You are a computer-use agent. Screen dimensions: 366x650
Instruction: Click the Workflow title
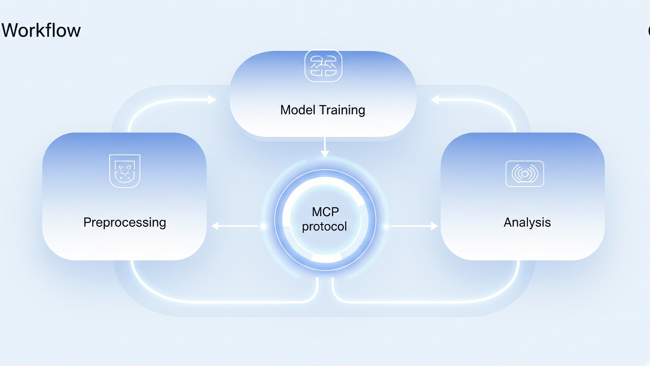41,30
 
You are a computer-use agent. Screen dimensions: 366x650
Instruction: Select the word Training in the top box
342,110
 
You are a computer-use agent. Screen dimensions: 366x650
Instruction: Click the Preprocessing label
125,223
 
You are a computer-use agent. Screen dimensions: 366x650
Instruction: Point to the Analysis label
527,222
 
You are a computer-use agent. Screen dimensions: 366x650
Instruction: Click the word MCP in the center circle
325,212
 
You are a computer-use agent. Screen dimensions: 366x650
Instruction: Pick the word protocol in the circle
324,226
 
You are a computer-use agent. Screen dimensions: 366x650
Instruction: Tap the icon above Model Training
323,66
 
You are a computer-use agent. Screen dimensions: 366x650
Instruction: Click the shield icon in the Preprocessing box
125,171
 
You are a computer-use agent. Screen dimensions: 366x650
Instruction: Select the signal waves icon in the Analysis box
525,174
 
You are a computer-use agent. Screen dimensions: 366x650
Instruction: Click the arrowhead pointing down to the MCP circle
325,154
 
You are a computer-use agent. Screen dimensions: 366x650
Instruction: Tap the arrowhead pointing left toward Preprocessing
215,226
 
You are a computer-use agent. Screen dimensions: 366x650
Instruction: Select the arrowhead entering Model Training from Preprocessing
212,100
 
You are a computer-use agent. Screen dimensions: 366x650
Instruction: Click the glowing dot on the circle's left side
264,226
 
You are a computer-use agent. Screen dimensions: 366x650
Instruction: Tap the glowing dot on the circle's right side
386,226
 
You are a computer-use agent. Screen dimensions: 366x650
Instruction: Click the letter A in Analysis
508,222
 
